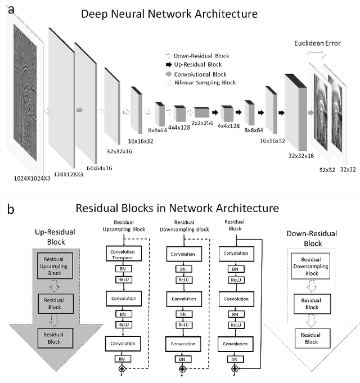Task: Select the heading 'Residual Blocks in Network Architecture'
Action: [x=177, y=208]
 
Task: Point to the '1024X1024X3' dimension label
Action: [x=31, y=177]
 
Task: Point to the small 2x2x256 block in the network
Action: [x=201, y=112]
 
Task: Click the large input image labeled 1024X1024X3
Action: [x=25, y=90]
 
